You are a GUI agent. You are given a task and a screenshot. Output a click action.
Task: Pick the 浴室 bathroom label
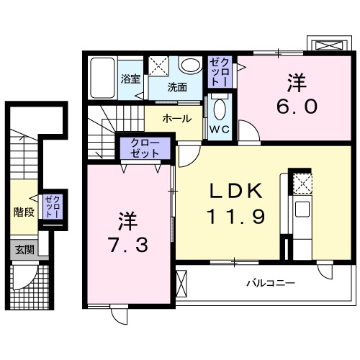click(x=130, y=80)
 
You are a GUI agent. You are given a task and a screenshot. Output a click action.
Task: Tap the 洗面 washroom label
click(x=177, y=88)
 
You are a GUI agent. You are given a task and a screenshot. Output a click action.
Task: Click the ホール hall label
click(x=176, y=118)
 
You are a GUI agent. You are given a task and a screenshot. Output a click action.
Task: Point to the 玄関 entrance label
click(x=24, y=250)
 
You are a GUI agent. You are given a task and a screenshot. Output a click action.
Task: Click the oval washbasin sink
click(x=190, y=66)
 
